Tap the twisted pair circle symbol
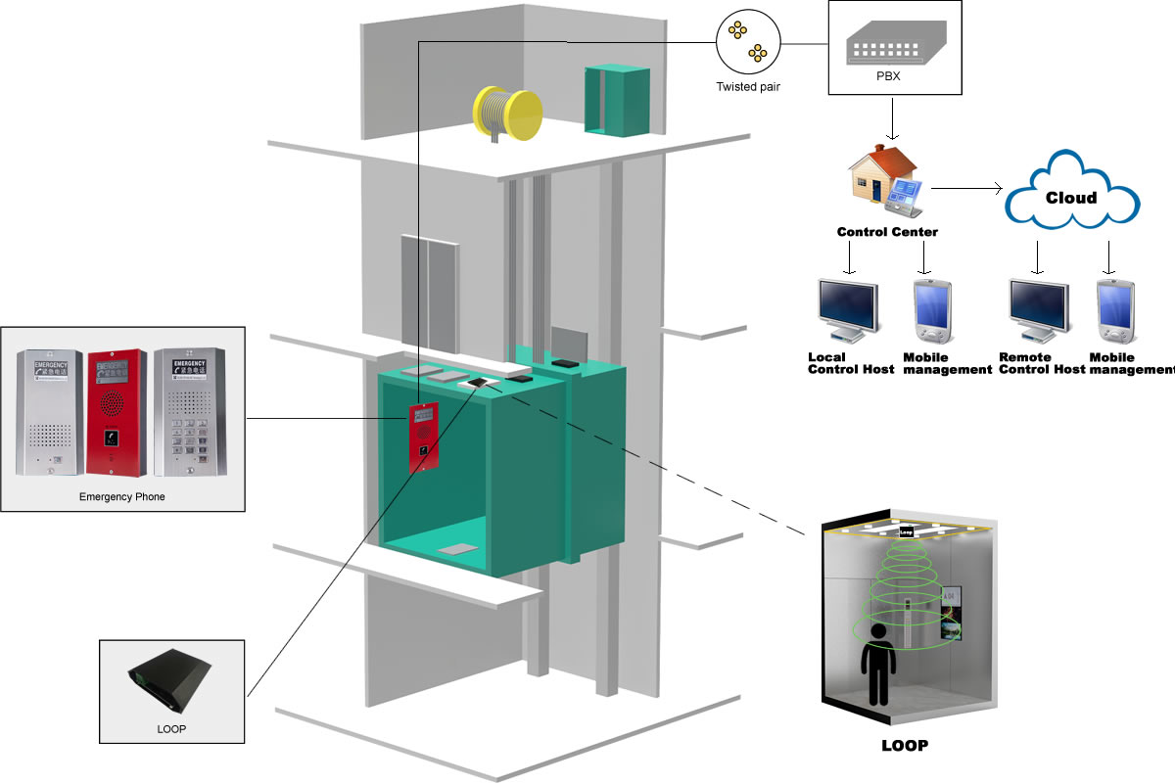point(748,42)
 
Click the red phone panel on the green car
point(423,437)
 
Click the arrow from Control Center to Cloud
point(964,187)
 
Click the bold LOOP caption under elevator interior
point(904,745)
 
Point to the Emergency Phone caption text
point(121,496)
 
